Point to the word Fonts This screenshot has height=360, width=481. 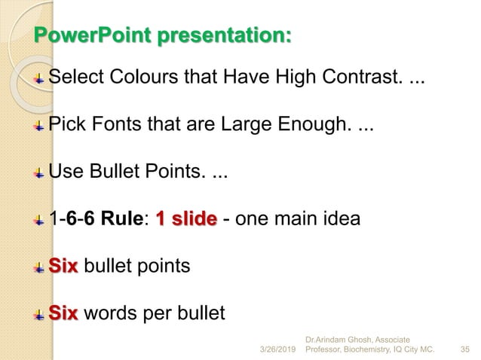[109, 125]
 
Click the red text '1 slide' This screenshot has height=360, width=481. [185, 220]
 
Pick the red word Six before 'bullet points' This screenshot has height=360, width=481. [63, 267]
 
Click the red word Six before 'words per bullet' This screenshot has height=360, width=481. [63, 313]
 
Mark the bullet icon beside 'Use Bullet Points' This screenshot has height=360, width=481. [40, 173]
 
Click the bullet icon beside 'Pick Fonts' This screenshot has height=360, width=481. [40, 126]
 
